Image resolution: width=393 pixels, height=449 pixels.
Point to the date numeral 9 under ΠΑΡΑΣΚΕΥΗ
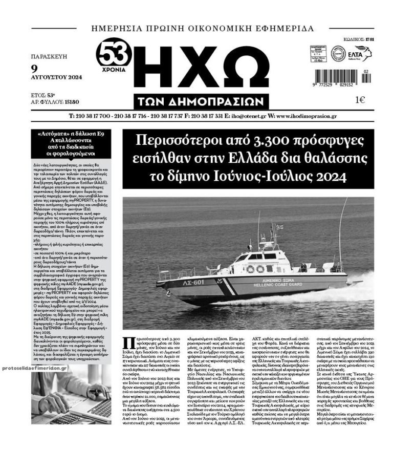(34, 68)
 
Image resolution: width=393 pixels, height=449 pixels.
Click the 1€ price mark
(360, 100)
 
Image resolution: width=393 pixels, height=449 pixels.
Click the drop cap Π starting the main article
(128, 345)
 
